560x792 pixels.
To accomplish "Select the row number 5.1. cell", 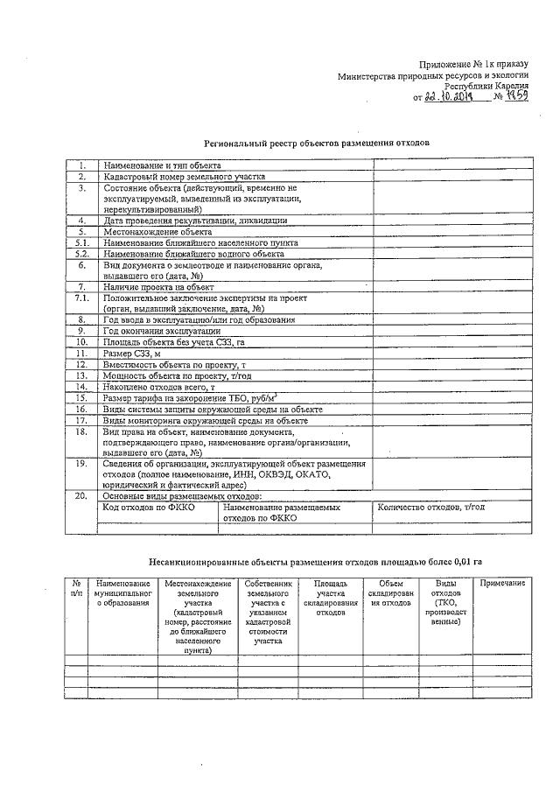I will pyautogui.click(x=80, y=242).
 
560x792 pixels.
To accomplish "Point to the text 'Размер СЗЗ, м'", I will pyautogui.click(x=133, y=353).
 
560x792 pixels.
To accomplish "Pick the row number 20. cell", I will pyautogui.click(x=80, y=495).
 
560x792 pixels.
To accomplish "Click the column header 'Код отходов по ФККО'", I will pyautogui.click(x=149, y=507).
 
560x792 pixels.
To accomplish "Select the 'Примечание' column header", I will pyautogui.click(x=502, y=583).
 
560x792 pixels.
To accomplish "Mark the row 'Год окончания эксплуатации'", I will pyautogui.click(x=162, y=331).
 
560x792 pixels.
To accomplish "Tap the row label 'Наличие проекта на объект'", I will pyautogui.click(x=158, y=286).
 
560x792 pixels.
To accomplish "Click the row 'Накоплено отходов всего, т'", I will pyautogui.click(x=158, y=386).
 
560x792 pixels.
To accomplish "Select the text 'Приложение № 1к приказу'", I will pyautogui.click(x=473, y=65).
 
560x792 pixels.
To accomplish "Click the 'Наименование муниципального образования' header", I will pyautogui.click(x=122, y=592).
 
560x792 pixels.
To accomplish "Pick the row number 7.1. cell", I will pyautogui.click(x=80, y=298).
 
